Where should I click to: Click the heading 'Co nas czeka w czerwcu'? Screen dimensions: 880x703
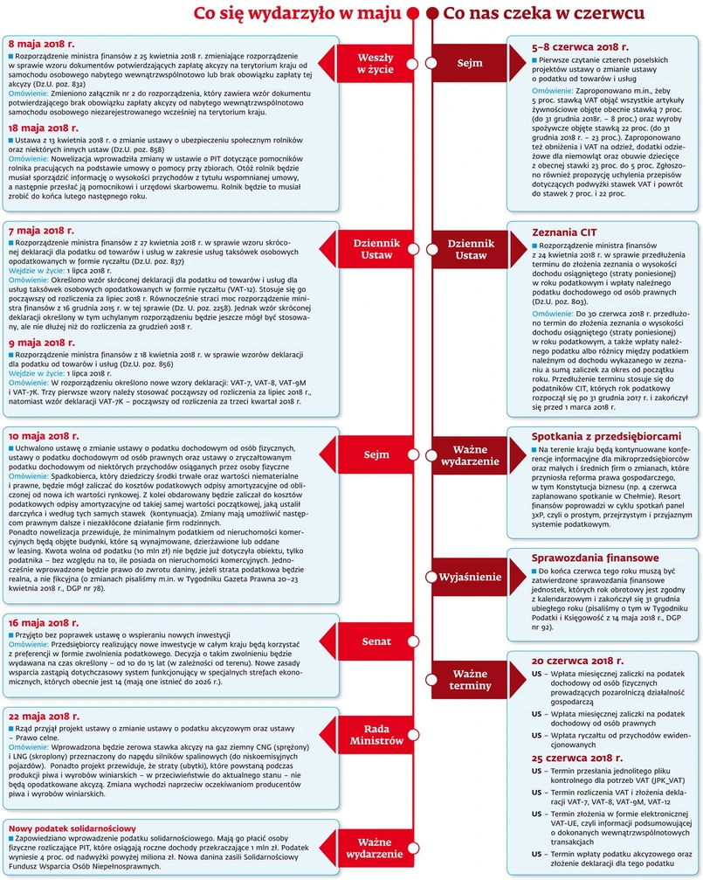(x=544, y=14)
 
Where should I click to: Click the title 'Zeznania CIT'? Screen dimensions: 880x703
(x=566, y=232)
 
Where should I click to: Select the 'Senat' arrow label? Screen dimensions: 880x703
(x=376, y=642)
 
